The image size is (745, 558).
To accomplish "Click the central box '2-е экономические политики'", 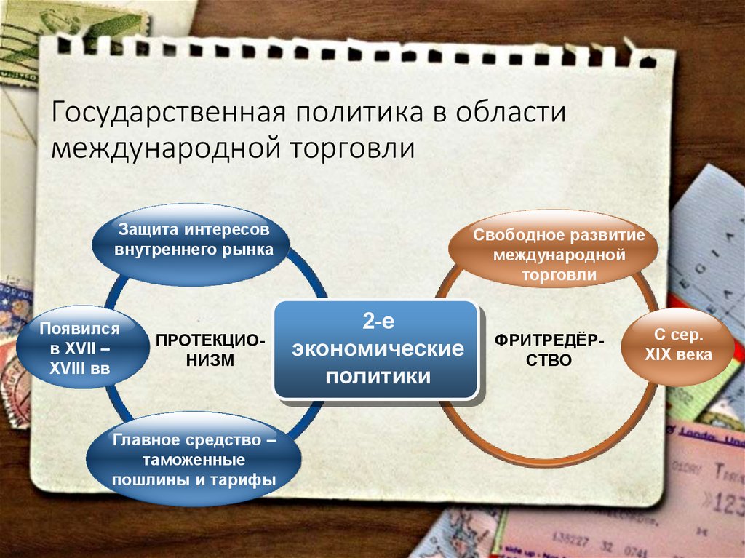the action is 378,350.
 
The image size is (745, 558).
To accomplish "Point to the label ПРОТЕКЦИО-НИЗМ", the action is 210,350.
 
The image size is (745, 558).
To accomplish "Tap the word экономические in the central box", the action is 378,350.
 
